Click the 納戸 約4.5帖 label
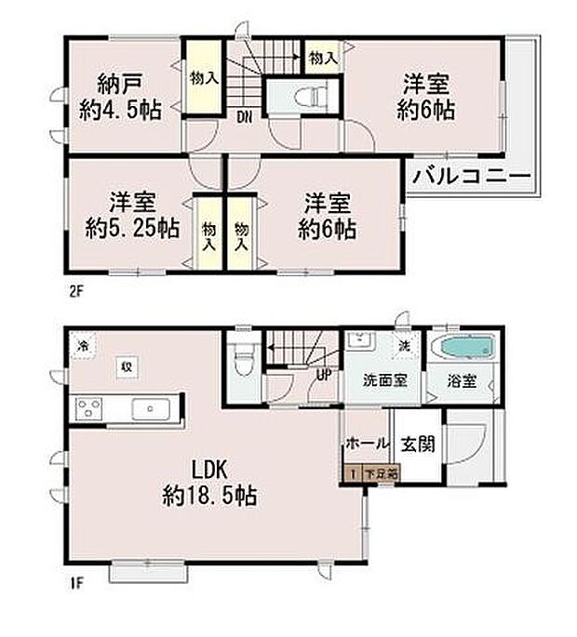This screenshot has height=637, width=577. pos(120,96)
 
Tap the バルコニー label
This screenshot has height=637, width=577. pos(470,175)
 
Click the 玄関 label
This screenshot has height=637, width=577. pos(411,444)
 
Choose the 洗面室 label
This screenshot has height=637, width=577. pos(382,381)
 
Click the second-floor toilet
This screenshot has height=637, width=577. pos(308,95)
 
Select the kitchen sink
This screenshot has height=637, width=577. pos(149,408)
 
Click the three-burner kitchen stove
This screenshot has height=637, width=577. pos(89,408)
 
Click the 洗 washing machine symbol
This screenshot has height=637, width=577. pos(405,344)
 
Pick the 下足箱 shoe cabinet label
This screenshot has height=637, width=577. pos(381,473)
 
